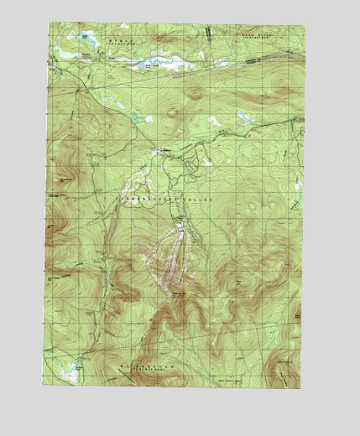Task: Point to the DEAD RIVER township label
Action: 251,37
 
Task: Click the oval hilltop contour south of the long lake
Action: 195,93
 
